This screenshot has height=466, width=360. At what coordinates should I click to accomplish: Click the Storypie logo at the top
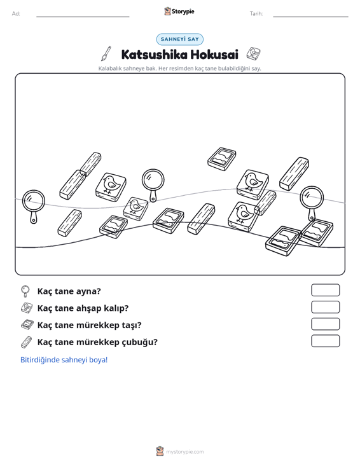179,11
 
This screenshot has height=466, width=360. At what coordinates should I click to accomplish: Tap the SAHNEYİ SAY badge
180,39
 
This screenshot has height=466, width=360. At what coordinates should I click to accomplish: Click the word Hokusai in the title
214,55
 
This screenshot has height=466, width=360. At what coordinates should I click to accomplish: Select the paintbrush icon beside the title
106,53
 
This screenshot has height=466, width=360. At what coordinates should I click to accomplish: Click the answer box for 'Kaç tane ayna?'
326,290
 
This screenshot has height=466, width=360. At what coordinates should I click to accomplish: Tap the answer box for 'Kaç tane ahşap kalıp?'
326,307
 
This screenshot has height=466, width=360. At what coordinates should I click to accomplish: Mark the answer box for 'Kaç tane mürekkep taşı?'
326,324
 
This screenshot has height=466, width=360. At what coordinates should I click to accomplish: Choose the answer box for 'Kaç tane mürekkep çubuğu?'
326,341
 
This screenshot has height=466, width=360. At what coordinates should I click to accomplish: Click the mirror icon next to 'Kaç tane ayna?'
25,291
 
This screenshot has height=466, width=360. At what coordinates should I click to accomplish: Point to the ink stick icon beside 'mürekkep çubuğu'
27,342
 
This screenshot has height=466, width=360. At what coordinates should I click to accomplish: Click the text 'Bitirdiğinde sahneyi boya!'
64,360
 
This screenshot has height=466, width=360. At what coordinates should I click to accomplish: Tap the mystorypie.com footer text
185,452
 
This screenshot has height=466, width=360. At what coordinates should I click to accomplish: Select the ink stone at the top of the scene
222,159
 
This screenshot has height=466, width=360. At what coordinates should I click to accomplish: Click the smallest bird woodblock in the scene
135,209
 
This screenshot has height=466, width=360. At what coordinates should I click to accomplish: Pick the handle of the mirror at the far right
311,215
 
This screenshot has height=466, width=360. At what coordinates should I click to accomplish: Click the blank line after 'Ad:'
83,17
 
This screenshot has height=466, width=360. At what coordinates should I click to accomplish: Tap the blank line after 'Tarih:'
310,17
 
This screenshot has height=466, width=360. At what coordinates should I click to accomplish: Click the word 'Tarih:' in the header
256,14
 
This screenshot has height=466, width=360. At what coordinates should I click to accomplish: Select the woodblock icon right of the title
254,53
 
